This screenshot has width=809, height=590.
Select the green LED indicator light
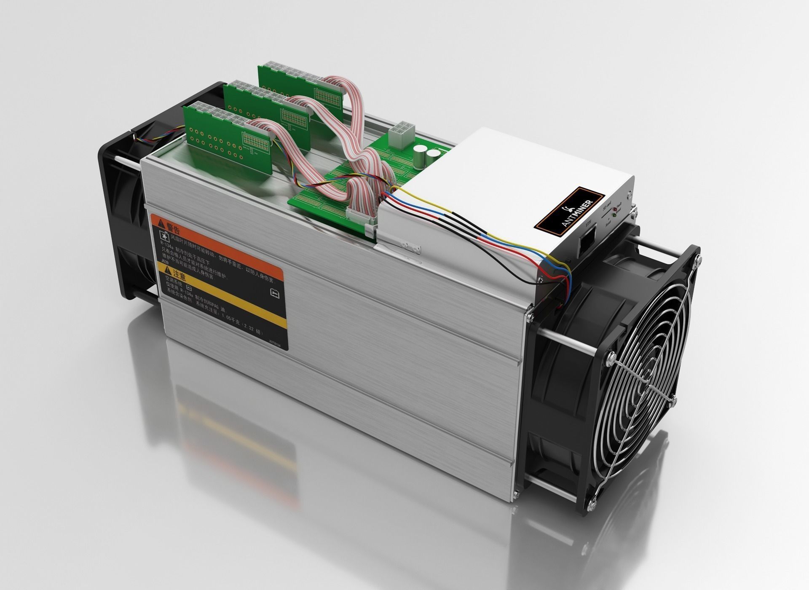tap(614, 215)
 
